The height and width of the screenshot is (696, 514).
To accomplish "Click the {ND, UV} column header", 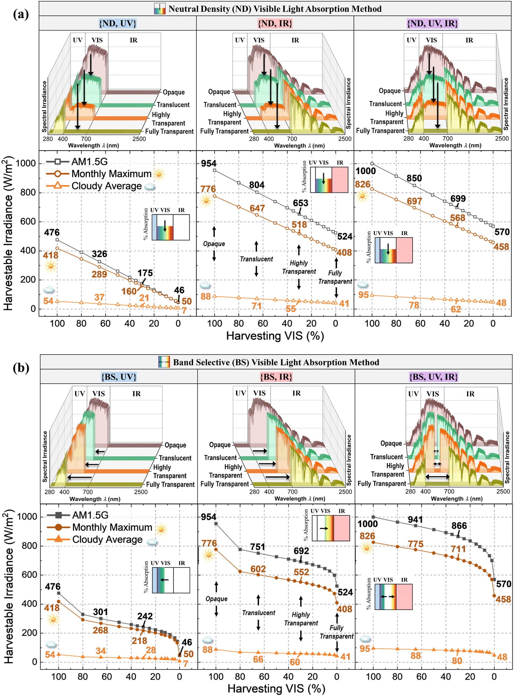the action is point(117,23).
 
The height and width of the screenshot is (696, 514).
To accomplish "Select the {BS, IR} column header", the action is point(276,377).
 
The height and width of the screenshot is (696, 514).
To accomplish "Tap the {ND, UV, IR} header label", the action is point(432,23).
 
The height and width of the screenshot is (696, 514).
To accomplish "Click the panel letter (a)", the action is point(21,14).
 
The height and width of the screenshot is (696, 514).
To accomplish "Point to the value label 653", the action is point(300,203).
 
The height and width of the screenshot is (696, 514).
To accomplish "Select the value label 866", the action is point(459,525).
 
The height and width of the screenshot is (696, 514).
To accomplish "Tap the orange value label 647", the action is point(257,208).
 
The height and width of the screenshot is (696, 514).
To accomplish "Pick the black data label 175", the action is point(145,273).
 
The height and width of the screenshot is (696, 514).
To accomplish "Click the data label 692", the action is point(301,551).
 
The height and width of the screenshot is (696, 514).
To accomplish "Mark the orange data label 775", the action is point(416,544).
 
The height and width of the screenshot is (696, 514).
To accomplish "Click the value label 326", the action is point(100,254).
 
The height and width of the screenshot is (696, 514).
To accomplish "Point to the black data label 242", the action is point(145,616).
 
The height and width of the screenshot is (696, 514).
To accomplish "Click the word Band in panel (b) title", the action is point(182,362).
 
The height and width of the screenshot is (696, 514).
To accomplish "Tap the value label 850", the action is point(414,178).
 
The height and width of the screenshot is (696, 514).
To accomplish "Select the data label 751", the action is point(258,547).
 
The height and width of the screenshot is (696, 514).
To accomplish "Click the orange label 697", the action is point(414,201).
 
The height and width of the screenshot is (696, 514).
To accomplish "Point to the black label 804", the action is point(257,185).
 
